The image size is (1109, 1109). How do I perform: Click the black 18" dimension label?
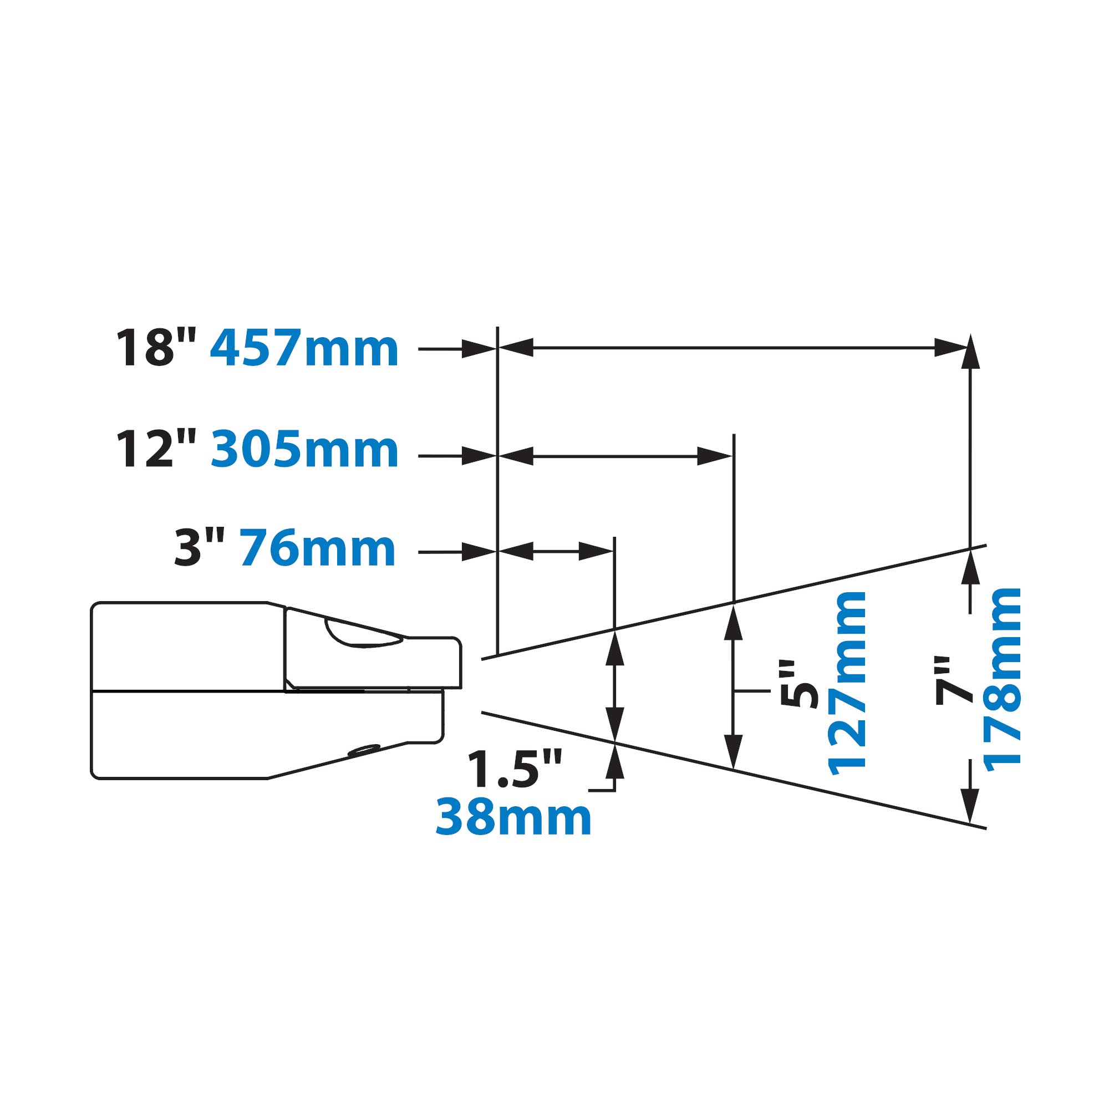click(x=156, y=348)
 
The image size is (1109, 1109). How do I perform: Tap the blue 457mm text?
click(x=304, y=348)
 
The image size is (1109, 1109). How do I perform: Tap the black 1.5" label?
click(x=514, y=770)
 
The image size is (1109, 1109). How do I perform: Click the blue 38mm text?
click(x=514, y=817)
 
